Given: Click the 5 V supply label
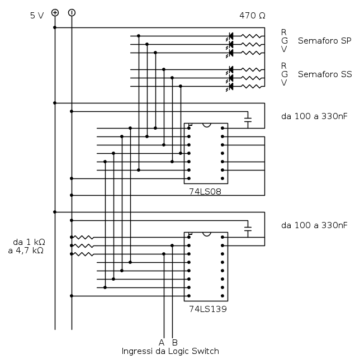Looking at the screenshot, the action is tap(37, 16).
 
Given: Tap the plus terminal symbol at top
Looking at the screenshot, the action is tap(55, 12).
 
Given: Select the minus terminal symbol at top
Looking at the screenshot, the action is tap(72, 12).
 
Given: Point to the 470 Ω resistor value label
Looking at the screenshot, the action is tap(252, 16).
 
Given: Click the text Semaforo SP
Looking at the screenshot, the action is tap(324, 41).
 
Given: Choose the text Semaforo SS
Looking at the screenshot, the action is tap(325, 74).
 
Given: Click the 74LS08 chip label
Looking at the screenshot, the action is tap(205, 192).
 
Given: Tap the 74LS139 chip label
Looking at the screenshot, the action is tap(208, 309).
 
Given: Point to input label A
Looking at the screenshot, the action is tap(162, 342).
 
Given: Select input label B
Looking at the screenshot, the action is tap(175, 342).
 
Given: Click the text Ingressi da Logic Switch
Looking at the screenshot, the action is tap(170, 351).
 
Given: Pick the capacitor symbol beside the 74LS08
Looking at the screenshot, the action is tap(248, 120).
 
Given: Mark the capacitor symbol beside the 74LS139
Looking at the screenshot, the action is tap(248, 229).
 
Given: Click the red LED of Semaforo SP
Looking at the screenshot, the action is tap(230, 36).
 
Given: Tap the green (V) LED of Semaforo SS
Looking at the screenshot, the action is tap(230, 87).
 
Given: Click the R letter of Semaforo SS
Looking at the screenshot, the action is tap(283, 66).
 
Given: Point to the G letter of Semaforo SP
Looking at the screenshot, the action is tap(285, 41).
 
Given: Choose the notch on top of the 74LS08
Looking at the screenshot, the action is tap(207, 125).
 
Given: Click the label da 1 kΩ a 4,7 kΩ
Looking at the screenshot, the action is tap(27, 247).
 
